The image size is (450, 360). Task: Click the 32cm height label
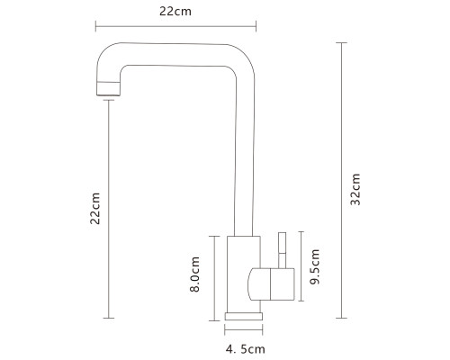click(x=355, y=189)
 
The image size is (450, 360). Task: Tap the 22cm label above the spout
click(x=175, y=12)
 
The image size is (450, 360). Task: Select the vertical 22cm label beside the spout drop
click(x=94, y=208)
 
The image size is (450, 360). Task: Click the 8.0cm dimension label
click(x=194, y=274)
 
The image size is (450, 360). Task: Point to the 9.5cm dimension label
click(x=315, y=266)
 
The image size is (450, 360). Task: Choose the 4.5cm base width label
click(x=246, y=349)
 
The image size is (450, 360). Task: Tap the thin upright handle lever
click(x=282, y=250)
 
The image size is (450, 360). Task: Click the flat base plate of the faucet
click(x=244, y=316)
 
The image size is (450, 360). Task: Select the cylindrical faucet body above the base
click(x=244, y=274)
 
